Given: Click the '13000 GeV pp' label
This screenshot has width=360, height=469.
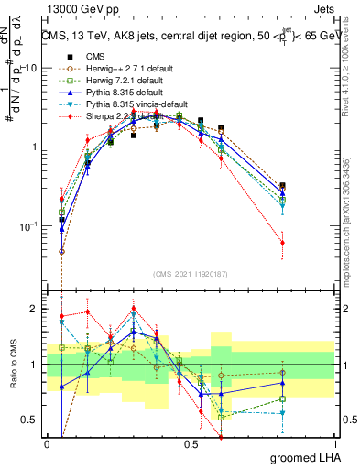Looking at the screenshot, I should coord(81,8).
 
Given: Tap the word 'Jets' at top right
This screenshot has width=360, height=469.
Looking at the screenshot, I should coord(322,8).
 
